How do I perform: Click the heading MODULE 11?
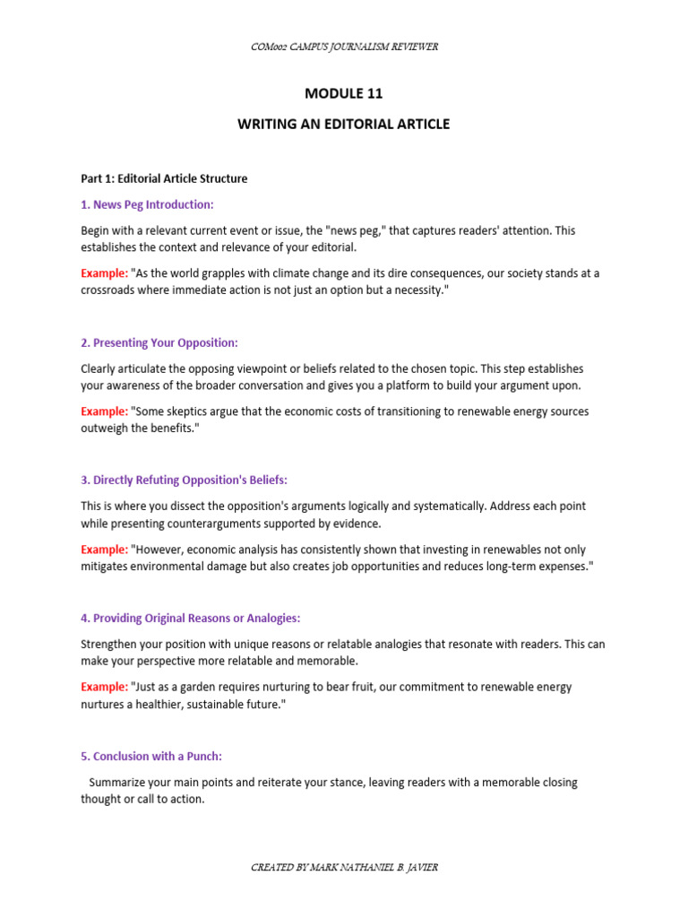343,92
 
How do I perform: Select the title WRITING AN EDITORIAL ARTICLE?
343,124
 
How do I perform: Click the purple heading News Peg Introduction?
147,204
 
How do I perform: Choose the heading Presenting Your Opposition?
159,343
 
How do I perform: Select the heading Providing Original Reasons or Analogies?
191,619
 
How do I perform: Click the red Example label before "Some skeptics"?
104,411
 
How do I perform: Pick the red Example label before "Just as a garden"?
104,687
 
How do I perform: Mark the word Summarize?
118,783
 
